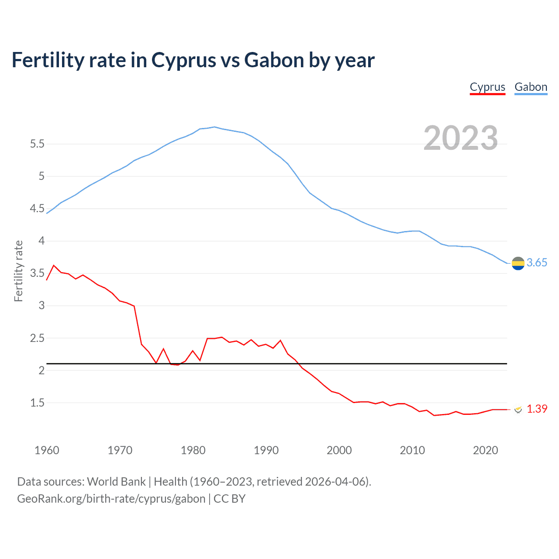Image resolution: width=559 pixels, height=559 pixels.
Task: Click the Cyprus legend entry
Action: pos(487,87)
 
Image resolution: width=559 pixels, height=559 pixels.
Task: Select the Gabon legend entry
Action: pos(531,87)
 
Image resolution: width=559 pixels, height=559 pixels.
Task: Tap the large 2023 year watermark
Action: pos(461,138)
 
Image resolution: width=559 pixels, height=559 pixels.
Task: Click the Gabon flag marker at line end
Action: pos(518,263)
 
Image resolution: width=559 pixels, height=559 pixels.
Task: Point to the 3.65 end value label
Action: pos(537,262)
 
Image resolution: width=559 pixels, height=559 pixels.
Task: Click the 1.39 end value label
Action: pos(537,409)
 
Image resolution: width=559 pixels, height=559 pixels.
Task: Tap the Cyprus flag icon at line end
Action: pos(518,409)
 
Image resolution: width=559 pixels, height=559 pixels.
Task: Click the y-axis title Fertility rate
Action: pos(18,271)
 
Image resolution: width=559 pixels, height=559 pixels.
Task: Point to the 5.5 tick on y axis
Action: pos(37,144)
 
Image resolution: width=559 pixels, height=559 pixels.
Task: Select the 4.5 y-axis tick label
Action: pos(37,209)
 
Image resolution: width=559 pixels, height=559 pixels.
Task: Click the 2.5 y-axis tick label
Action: pos(37,338)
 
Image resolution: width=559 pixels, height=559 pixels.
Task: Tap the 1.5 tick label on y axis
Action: pos(37,403)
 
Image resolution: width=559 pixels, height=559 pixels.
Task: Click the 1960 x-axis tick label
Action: pos(47,450)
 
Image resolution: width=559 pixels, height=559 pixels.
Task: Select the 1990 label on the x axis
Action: pos(266,450)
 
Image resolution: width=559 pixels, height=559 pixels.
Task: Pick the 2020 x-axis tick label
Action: pos(485,450)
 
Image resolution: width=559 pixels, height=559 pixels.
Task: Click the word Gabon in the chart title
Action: pos(274,60)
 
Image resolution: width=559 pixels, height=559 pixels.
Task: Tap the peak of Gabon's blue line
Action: pos(214,127)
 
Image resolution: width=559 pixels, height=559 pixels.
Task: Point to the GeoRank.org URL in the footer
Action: pos(111,499)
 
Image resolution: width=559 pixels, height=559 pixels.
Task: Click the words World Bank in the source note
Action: pos(116,482)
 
